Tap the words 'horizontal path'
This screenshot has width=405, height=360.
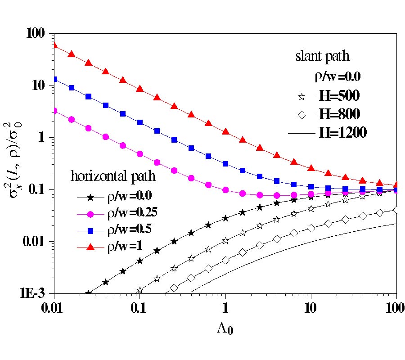(x=113, y=176)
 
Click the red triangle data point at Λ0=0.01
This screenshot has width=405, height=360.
(x=54, y=44)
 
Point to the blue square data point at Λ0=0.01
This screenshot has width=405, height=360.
(x=54, y=79)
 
